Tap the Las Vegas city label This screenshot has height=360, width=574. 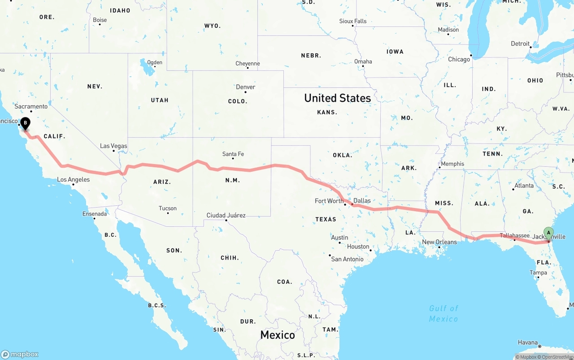[x=113, y=146]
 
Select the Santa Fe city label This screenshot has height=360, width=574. [x=233, y=154]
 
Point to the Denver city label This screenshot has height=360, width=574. [x=245, y=87]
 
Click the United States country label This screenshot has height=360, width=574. [x=337, y=98]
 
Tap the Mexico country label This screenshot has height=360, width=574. [x=278, y=335]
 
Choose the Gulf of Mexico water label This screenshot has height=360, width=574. [x=444, y=313]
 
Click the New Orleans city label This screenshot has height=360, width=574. [x=439, y=242]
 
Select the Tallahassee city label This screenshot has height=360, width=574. [x=514, y=235]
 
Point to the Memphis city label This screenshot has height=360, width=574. [x=452, y=164]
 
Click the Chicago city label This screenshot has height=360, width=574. [x=459, y=59]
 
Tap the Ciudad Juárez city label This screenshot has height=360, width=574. [x=226, y=215]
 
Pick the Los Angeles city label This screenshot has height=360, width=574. [x=73, y=179]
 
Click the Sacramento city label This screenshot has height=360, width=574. [x=31, y=106]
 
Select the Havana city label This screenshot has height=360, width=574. [x=527, y=343]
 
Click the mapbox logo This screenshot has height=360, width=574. [x=20, y=354]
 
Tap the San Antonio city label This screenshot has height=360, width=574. [x=347, y=259]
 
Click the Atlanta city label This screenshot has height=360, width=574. [x=524, y=185]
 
